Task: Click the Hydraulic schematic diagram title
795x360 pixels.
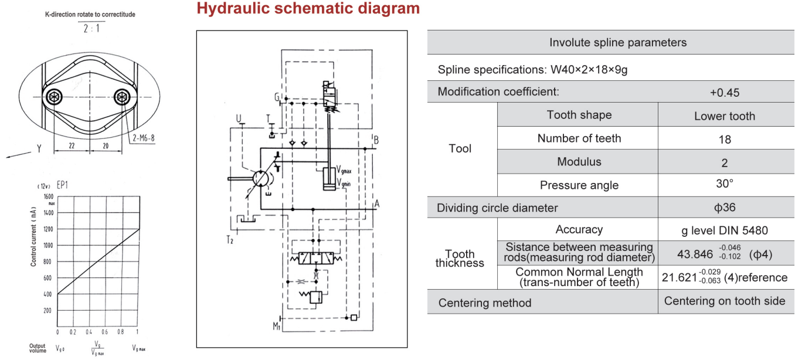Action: click(308, 9)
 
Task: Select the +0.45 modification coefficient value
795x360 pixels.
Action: click(724, 92)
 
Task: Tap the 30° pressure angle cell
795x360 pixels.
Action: click(724, 184)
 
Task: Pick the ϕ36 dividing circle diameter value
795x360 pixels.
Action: click(724, 207)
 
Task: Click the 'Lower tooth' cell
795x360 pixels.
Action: click(724, 116)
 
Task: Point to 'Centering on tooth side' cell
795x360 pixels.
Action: click(724, 301)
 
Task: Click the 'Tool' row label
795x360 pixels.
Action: click(460, 148)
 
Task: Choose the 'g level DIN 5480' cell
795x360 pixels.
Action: click(724, 230)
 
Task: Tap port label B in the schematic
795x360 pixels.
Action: click(376, 140)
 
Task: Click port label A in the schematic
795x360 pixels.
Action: click(377, 204)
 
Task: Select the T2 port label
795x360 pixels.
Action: click(230, 240)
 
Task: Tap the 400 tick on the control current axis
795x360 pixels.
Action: click(47, 294)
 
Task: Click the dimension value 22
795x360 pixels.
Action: click(72, 146)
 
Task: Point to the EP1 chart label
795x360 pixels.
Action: click(64, 185)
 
